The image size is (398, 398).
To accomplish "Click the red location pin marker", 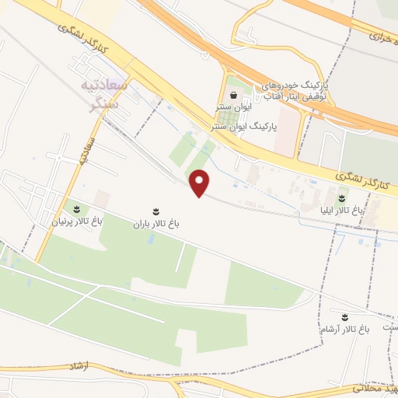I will point(201,183).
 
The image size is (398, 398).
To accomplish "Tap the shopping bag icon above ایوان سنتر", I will point(233,95).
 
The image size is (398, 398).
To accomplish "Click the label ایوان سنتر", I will point(232,110).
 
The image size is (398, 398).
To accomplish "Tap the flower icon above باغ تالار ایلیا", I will point(342,197).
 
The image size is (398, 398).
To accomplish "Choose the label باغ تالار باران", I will point(155,223).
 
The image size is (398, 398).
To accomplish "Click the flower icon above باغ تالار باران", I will point(155,211).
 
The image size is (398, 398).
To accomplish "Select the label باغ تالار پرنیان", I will point(77,222).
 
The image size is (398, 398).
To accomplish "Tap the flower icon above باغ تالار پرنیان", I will point(77,209).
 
